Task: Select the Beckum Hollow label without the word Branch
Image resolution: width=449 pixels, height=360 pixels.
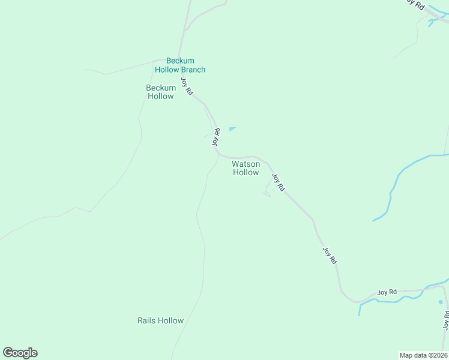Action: pyautogui.click(x=160, y=92)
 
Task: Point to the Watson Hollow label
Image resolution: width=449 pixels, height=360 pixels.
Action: pyautogui.click(x=246, y=168)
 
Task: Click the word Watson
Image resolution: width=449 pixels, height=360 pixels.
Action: pyautogui.click(x=246, y=164)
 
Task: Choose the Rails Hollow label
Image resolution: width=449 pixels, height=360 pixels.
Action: pyautogui.click(x=160, y=320)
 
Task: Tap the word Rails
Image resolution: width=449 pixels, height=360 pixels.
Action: pyautogui.click(x=147, y=320)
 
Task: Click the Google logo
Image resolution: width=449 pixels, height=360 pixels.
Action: pyautogui.click(x=20, y=353)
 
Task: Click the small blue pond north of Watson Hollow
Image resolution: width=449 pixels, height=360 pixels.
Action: pyautogui.click(x=232, y=128)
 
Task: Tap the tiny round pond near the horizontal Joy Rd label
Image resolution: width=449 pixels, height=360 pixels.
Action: pyautogui.click(x=440, y=302)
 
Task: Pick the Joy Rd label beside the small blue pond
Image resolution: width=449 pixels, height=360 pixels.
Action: pyautogui.click(x=216, y=137)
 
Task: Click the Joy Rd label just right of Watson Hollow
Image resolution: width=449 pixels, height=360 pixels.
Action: pyautogui.click(x=278, y=182)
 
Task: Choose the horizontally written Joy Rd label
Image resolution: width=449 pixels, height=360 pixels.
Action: pyautogui.click(x=387, y=292)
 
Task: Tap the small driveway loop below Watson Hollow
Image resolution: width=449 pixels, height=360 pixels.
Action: pyautogui.click(x=266, y=191)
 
